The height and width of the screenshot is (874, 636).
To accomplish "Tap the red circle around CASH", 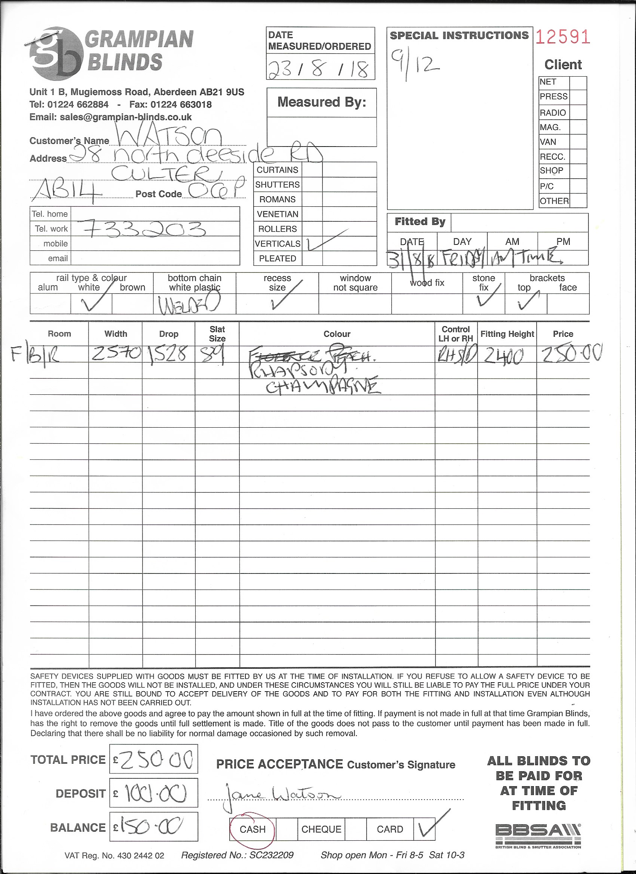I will coord(252,829).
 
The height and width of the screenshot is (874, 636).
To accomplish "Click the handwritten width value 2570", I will coord(116,353).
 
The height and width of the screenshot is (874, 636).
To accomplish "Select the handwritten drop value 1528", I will coord(169,354).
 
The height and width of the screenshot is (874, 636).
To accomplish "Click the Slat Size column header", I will coord(217,334).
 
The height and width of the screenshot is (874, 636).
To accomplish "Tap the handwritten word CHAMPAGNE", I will coord(323,386).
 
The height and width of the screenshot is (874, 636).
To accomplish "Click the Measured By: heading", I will coord(322,102).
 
